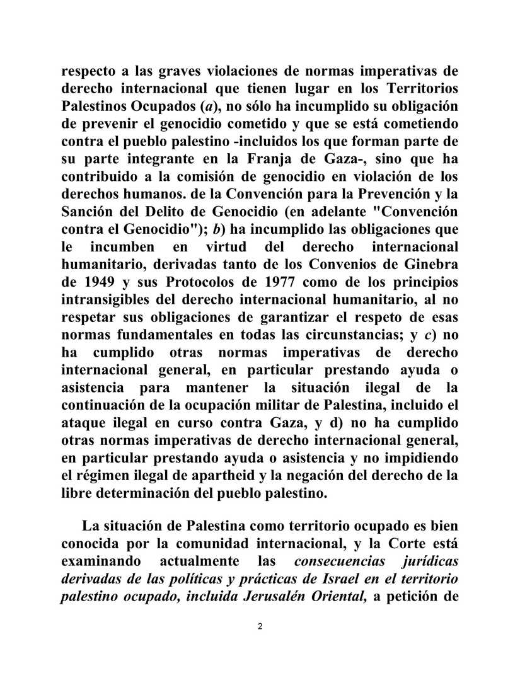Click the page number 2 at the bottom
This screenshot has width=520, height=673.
point(260,626)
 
